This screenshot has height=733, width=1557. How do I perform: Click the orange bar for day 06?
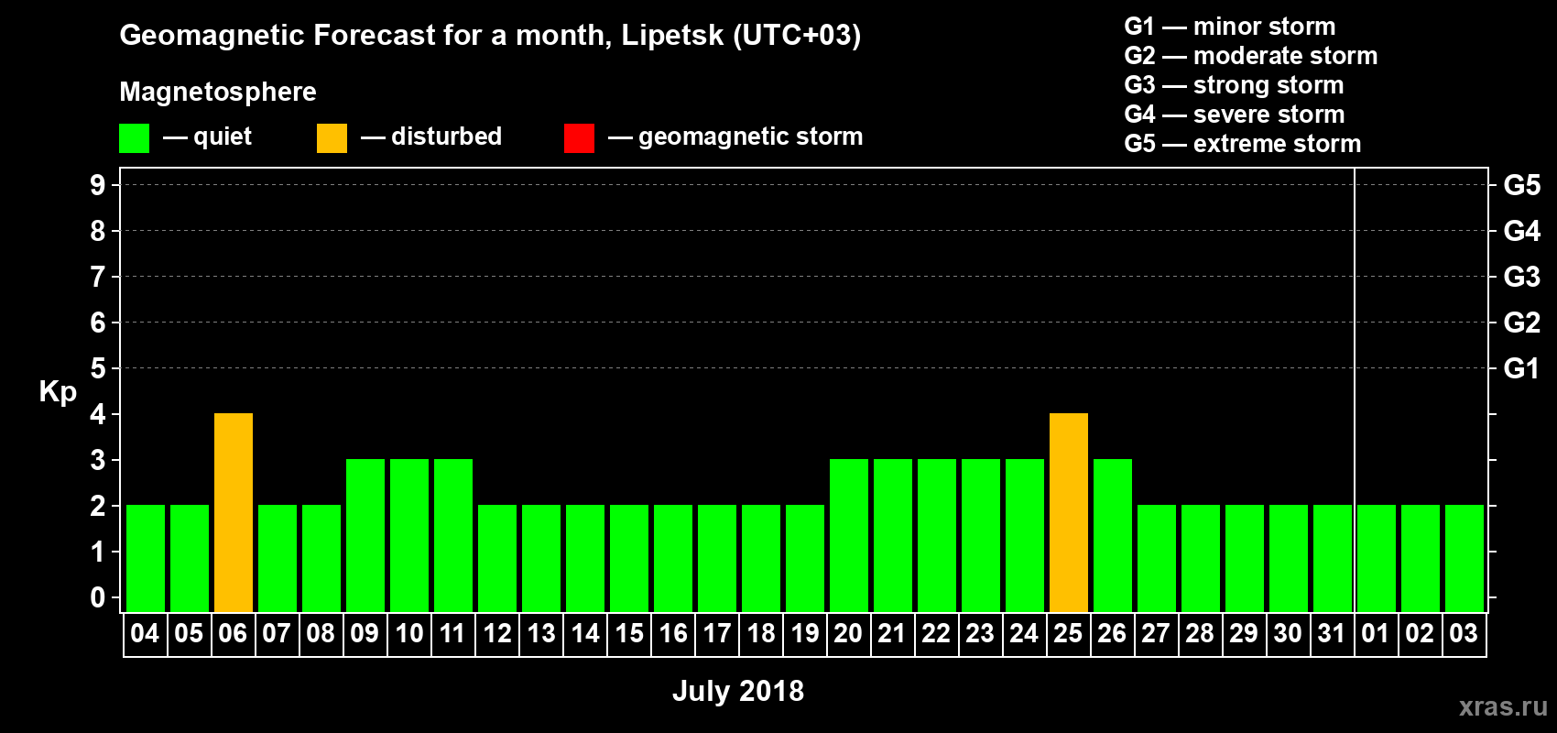pos(234,512)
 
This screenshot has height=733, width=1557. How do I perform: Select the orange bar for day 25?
pos(1069,512)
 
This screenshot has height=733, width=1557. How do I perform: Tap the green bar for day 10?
pos(409,535)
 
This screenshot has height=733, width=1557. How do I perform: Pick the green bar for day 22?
pos(937,535)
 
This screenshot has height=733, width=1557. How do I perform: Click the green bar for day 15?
pos(629,558)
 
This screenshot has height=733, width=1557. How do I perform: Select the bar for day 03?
pos(1464,558)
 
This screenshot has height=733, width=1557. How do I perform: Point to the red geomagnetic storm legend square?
pos(579,138)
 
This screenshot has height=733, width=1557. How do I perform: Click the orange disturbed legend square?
pos(332,138)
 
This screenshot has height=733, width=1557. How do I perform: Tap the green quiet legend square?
pos(134,138)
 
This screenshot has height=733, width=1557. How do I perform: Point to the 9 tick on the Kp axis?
pos(98,185)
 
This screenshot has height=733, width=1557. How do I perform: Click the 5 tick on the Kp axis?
pos(98,368)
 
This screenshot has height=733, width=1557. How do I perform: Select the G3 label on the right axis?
pos(1521,277)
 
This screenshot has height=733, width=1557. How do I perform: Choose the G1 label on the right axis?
pos(1521,368)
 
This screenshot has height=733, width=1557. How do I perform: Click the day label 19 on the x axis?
pos(805,633)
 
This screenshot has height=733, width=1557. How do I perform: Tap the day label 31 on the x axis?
pos(1332,633)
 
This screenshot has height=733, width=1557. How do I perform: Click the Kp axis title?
pos(58,392)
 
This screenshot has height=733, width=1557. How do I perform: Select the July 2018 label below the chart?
pos(738,691)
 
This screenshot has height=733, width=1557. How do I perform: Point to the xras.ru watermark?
pos(1503,706)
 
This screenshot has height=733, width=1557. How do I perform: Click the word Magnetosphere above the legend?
pos(218,92)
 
